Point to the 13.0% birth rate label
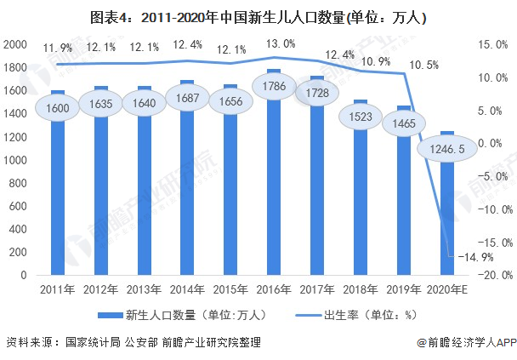[x=281, y=43]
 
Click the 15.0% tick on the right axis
[x=491, y=44]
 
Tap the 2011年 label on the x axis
[x=58, y=290]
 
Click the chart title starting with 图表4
[x=258, y=16]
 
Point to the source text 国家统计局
[x=92, y=342]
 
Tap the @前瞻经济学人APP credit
[x=465, y=342]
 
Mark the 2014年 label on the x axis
[x=187, y=290]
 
